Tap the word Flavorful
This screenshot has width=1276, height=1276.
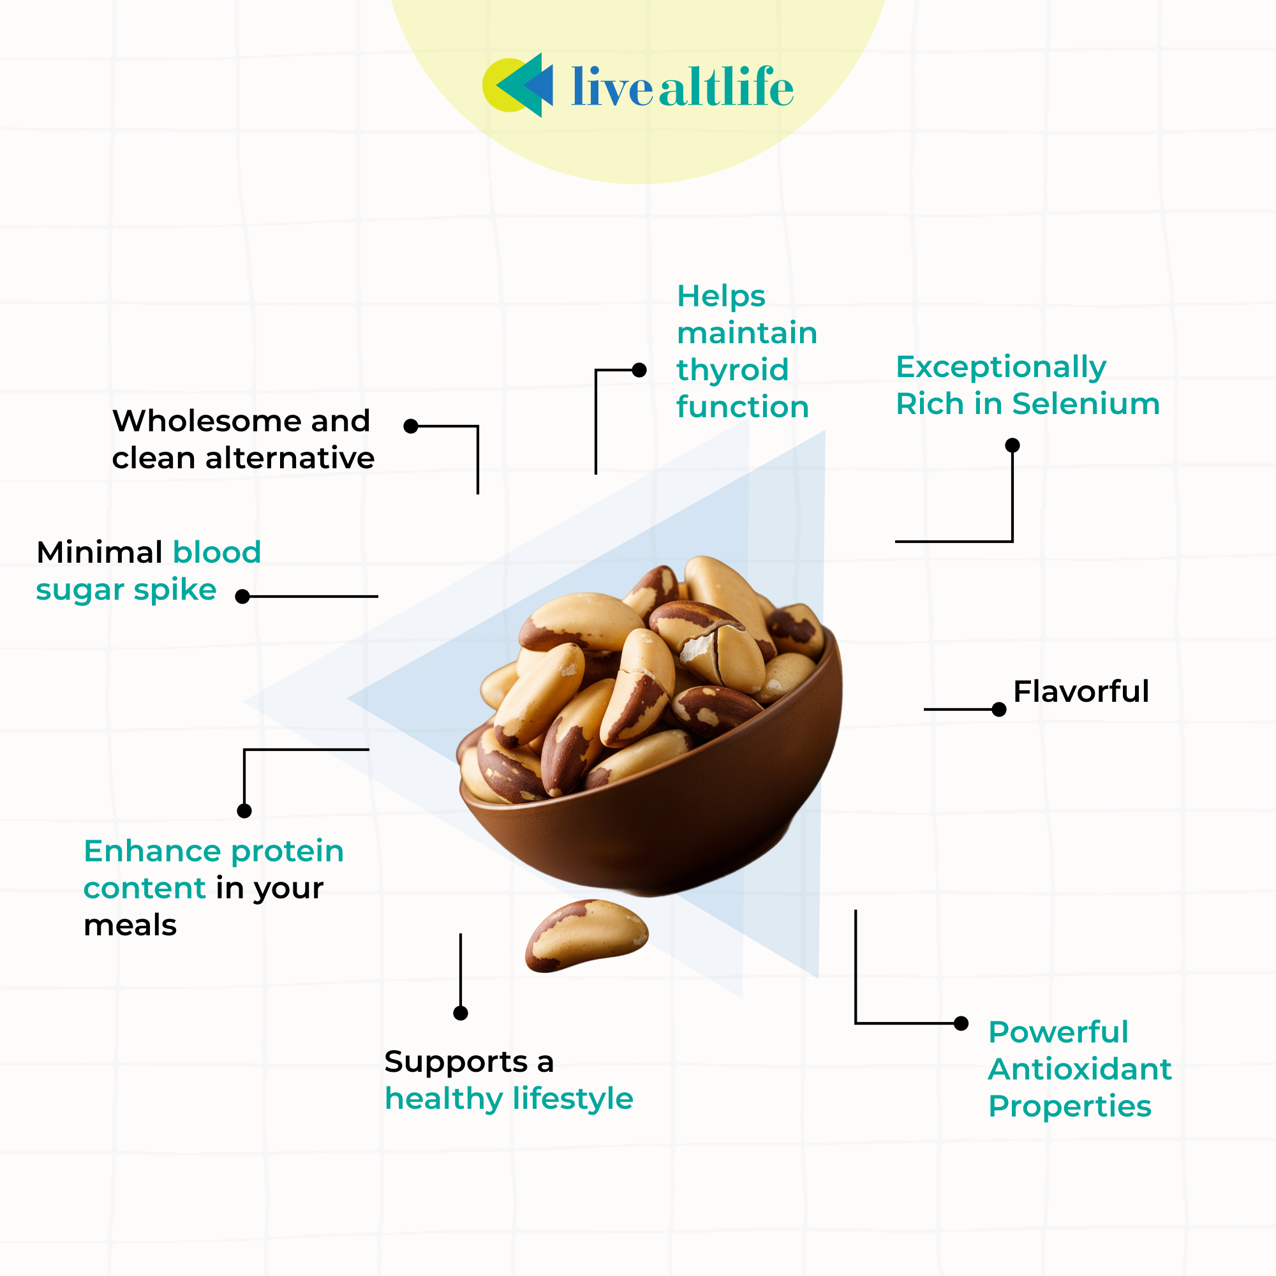[x=1081, y=692]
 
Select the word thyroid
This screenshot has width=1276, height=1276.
[x=732, y=370]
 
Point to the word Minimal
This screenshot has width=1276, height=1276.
[x=99, y=552]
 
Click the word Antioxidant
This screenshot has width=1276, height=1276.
[x=1080, y=1069]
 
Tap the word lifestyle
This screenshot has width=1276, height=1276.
[x=573, y=1099]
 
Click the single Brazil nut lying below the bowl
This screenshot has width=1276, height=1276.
[x=586, y=935]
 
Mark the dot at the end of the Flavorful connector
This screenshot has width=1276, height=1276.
[x=999, y=709]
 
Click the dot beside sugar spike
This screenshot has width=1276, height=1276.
[x=242, y=597]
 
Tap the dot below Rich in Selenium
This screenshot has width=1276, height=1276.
[x=1013, y=445]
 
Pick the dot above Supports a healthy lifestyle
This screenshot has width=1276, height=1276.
[x=461, y=1013]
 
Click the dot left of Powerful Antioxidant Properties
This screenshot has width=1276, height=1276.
[x=961, y=1024]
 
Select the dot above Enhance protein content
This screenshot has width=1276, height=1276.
[x=244, y=811]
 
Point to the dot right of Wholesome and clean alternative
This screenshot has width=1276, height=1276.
[x=411, y=426]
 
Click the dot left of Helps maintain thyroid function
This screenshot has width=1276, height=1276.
[x=639, y=370]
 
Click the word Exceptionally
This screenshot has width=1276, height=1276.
[x=1000, y=367]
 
